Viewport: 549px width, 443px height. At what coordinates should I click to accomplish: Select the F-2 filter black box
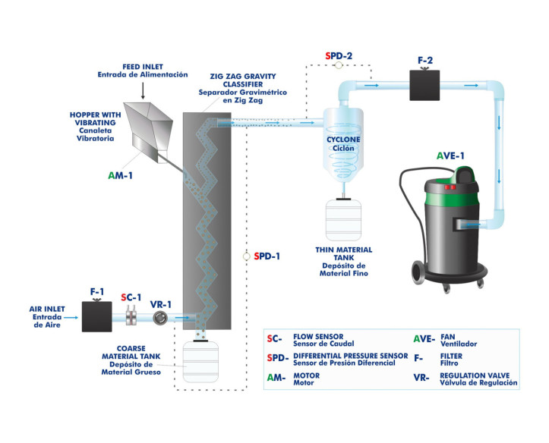pyautogui.click(x=424, y=84)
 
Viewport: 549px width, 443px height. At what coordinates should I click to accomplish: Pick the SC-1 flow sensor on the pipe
pyautogui.click(x=131, y=317)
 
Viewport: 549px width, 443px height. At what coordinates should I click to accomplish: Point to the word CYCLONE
pyautogui.click(x=343, y=140)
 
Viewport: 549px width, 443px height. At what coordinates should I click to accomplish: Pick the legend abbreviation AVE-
pyautogui.click(x=422, y=338)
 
